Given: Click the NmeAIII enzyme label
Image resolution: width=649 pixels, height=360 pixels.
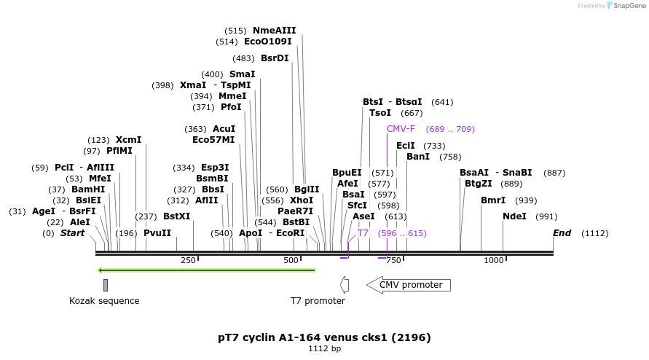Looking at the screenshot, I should click(274, 31).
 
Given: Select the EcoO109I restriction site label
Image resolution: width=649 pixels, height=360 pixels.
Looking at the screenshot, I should click(267, 42).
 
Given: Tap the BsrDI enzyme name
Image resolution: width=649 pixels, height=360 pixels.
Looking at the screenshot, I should click(275, 58).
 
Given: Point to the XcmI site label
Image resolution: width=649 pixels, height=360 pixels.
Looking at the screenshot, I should click(128, 140).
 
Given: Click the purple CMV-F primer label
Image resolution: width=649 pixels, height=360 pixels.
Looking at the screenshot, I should click(401, 129).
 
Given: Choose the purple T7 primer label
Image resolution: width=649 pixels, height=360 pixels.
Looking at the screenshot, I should click(363, 233).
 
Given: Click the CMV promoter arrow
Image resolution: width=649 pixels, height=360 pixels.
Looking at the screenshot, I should click(409, 285).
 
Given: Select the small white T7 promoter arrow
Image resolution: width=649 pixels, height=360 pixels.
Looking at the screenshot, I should click(345, 285).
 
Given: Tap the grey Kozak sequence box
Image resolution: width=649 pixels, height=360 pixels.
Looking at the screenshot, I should click(106, 285).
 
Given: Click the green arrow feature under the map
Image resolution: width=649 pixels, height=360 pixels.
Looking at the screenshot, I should click(207, 270).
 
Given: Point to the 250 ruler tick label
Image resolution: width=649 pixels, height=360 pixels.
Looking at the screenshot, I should click(188, 260).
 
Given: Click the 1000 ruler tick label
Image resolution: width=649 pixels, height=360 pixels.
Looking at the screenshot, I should click(494, 260).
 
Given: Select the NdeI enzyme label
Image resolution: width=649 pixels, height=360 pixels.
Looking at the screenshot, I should click(514, 216).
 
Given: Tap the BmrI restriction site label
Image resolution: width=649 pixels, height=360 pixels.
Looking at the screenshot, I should click(493, 200).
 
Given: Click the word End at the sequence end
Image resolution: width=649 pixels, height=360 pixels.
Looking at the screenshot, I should click(562, 233).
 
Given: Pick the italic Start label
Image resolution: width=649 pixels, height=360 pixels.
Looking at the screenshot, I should click(72, 233).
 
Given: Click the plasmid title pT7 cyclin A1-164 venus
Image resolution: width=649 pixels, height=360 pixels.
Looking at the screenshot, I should click(324, 337).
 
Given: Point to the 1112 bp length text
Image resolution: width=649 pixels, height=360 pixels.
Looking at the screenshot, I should click(324, 349).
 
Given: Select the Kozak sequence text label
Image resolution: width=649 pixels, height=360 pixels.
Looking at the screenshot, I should click(104, 301).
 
